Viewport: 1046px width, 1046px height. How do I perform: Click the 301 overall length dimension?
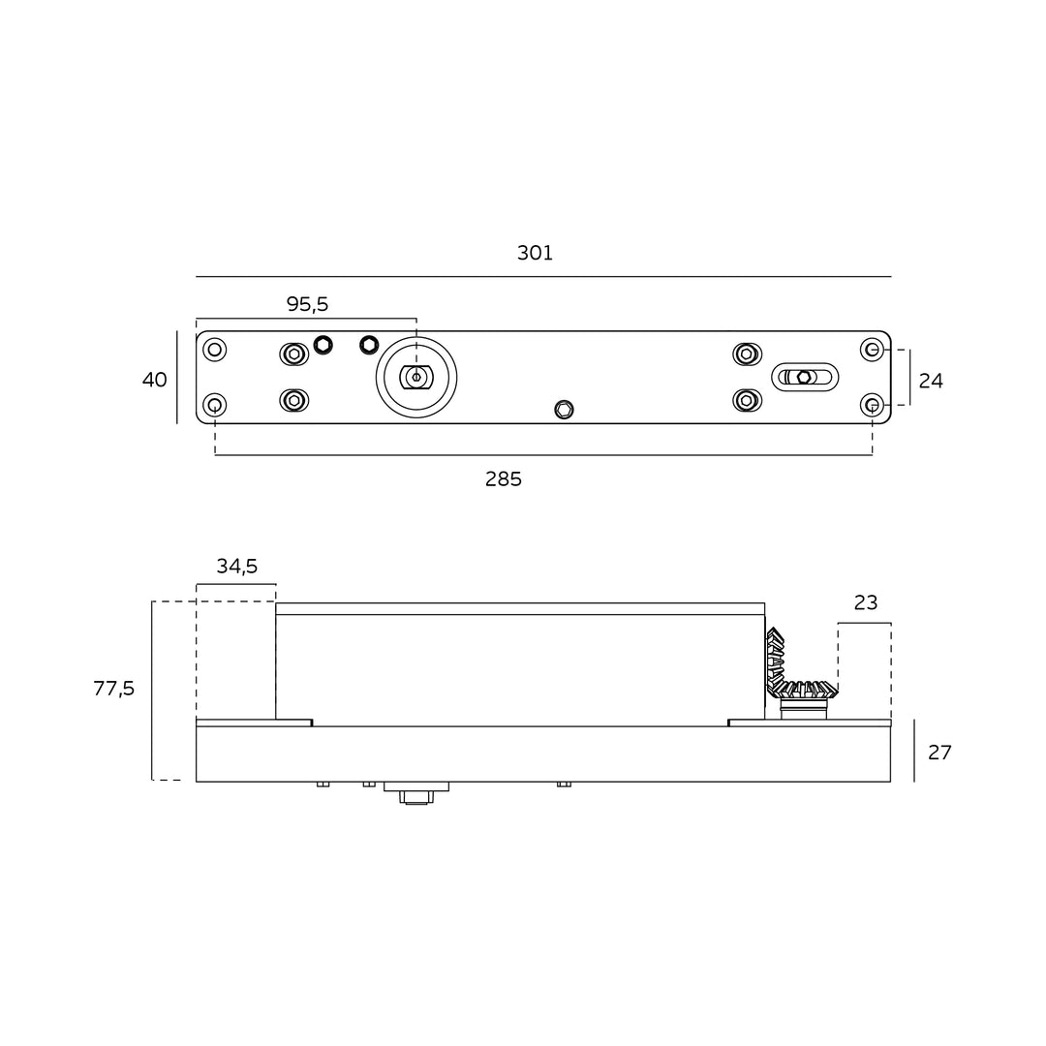pos(535,253)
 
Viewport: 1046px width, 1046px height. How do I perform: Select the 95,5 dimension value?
pos(308,304)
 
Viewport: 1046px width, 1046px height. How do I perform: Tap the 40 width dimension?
pos(155,380)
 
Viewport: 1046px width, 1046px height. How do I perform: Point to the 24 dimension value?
pos(931,381)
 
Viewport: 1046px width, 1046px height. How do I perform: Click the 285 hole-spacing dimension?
pos(504,479)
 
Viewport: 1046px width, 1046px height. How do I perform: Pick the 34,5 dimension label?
pos(237,567)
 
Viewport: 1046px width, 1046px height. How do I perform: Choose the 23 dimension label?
pos(866,602)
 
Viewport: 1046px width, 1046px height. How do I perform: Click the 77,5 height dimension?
pos(114,688)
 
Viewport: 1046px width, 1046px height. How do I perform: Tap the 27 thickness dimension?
pos(939,753)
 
